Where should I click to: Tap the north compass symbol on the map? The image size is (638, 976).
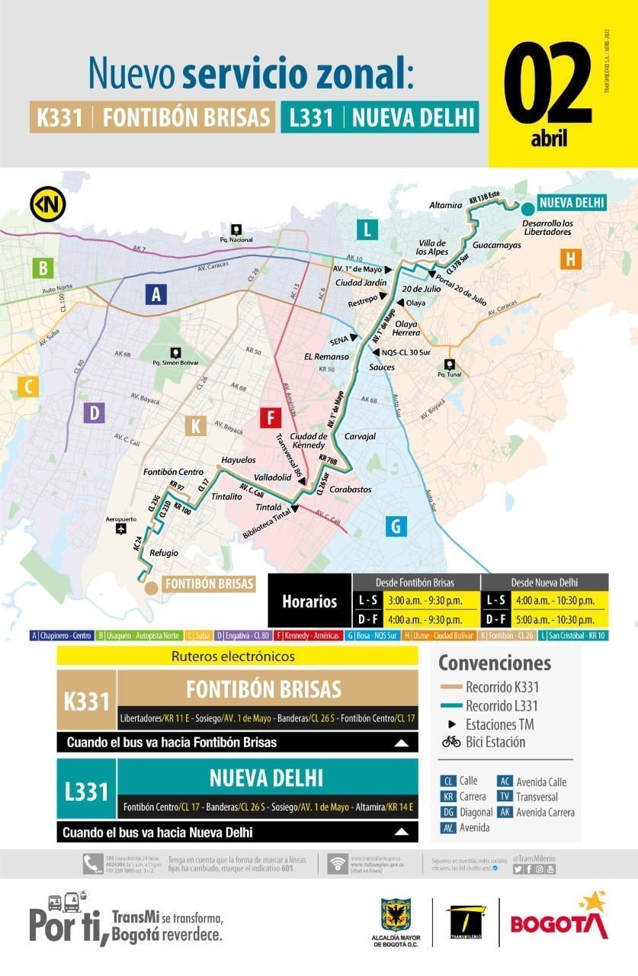(47, 204)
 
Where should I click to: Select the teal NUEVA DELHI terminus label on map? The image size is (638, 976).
(572, 203)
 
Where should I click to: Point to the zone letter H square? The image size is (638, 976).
(569, 258)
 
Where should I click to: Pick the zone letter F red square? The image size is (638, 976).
(270, 418)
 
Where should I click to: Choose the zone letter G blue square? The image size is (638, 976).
(396, 525)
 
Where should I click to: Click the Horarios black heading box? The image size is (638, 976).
(309, 601)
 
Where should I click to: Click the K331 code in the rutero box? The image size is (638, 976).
(86, 701)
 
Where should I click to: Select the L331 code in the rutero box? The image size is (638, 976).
(86, 791)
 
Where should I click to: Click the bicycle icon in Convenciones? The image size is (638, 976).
(451, 741)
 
